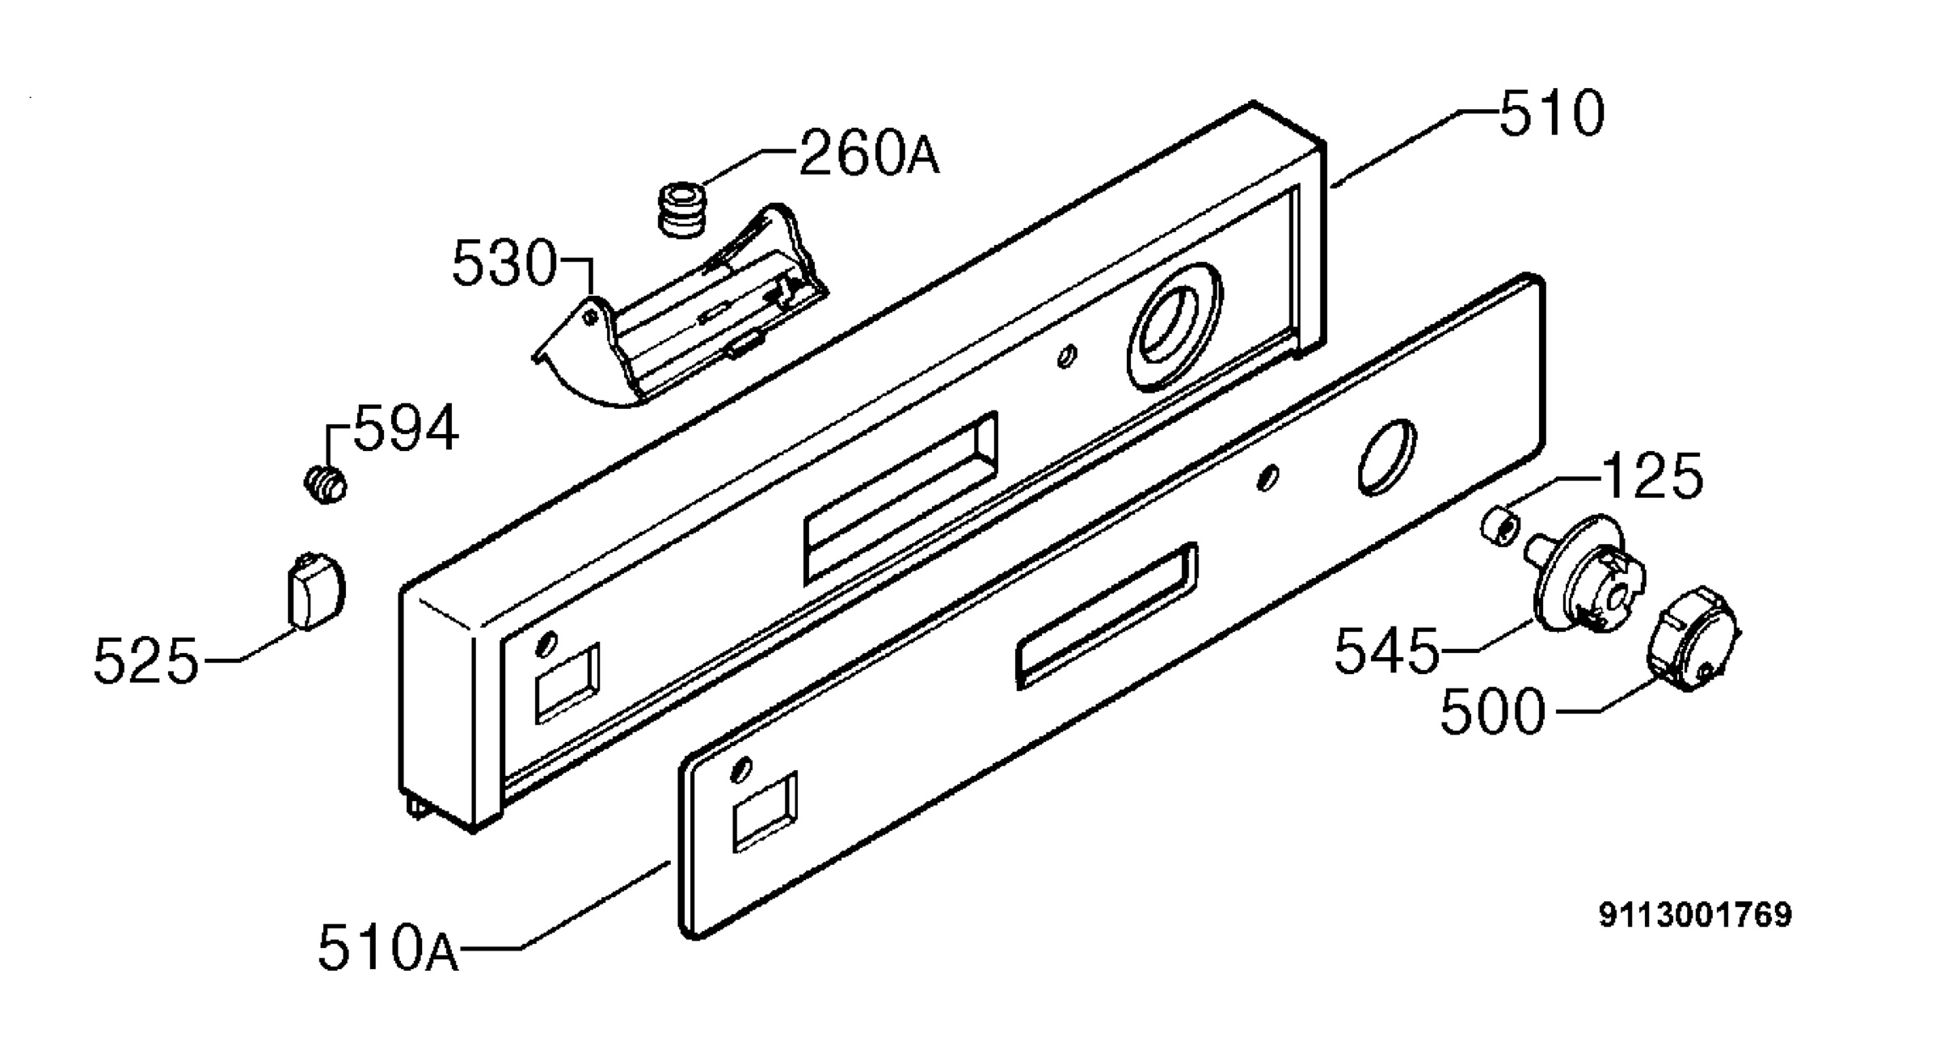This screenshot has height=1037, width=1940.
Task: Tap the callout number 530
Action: tap(505, 263)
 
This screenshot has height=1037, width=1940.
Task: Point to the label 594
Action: tap(407, 428)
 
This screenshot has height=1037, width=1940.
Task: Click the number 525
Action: tap(145, 660)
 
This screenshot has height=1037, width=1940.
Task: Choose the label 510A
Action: tap(388, 947)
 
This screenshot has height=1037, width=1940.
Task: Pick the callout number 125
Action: tap(1652, 476)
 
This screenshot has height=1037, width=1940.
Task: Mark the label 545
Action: tap(1387, 651)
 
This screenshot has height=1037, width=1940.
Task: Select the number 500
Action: tap(1493, 711)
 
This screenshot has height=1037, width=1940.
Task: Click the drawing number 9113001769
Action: tap(1695, 915)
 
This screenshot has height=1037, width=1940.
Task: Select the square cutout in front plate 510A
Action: tap(765, 811)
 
